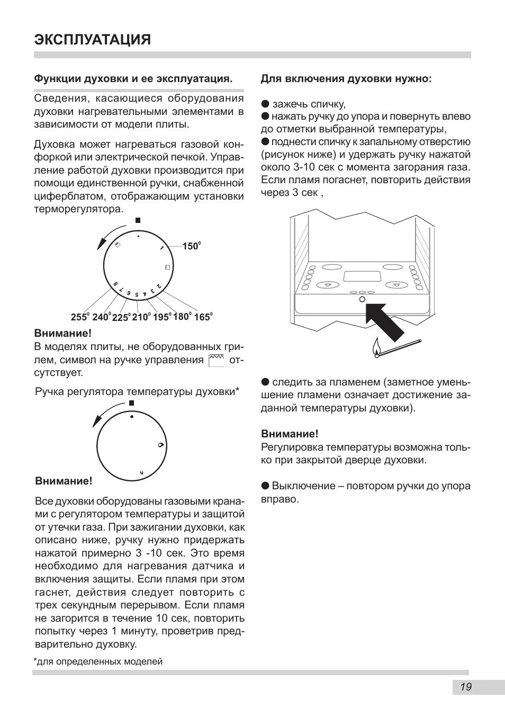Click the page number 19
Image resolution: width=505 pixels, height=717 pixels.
(466, 687)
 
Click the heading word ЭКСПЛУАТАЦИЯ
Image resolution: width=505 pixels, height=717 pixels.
(93, 40)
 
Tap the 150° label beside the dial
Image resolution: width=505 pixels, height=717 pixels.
(191, 246)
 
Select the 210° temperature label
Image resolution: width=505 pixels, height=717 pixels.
(141, 317)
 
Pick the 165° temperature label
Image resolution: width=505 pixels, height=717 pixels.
(203, 317)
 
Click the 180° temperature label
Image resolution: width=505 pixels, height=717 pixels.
(182, 317)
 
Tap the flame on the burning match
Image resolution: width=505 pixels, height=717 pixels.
(376, 348)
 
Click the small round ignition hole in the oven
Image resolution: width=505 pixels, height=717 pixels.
(362, 300)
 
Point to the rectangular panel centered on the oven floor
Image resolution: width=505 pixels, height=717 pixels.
(362, 276)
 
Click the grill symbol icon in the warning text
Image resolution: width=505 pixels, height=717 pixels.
(217, 361)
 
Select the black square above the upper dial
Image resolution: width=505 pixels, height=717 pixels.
(138, 220)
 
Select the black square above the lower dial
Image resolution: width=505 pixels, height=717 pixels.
(132, 404)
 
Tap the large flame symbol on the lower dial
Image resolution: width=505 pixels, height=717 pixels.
(160, 445)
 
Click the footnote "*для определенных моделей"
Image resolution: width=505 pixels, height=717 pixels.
(98, 661)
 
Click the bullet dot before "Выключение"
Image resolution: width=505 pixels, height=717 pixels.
(265, 486)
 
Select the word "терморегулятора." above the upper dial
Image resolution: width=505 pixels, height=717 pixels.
(78, 209)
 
